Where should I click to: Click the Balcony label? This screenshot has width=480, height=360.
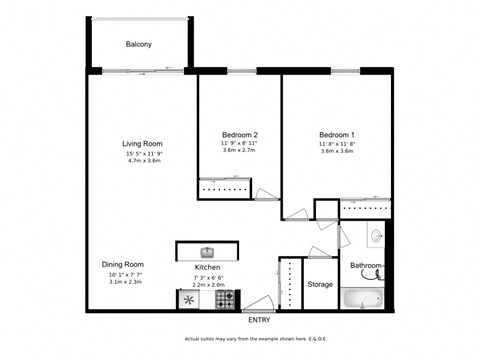(139, 45)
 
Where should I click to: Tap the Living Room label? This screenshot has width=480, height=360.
(142, 144)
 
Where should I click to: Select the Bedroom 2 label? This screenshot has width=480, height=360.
(240, 135)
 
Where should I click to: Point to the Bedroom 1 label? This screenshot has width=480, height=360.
(337, 135)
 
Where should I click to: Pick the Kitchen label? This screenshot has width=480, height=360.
(207, 268)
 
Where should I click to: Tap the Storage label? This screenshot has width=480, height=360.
(320, 284)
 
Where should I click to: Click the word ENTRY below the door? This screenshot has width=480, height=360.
(259, 320)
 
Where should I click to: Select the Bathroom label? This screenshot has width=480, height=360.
(366, 265)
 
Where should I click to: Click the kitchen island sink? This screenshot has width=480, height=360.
(207, 252)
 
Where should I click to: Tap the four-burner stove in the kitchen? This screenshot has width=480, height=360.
(227, 298)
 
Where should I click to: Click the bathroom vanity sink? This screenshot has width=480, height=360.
(376, 237)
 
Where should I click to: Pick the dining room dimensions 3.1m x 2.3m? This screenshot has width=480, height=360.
(124, 283)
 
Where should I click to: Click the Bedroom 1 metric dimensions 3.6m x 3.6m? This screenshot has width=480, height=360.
(337, 151)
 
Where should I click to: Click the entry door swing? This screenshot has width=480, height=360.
(258, 303)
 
